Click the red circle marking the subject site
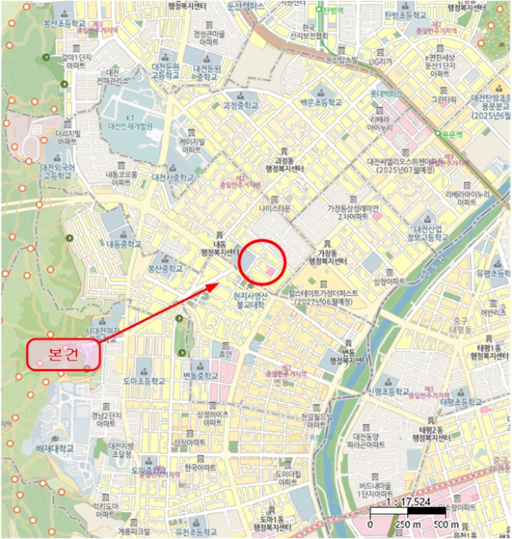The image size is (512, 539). pyautogui.click(x=262, y=262)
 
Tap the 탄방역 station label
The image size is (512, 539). pyautogui.click(x=333, y=12)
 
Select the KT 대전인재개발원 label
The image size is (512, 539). pyautogui.click(x=128, y=120)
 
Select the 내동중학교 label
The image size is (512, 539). pyautogui.click(x=123, y=244)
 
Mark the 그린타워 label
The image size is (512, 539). pyautogui.click(x=443, y=99)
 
